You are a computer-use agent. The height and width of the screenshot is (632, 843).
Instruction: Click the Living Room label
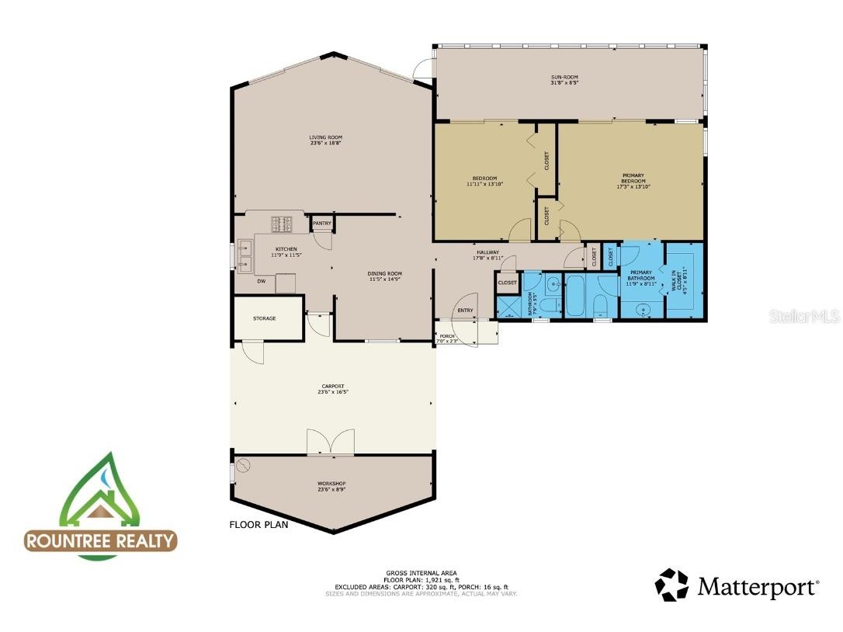point(325,137)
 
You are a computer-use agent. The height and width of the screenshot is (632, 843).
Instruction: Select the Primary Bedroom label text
point(633,179)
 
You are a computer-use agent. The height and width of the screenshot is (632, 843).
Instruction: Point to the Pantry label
point(321,224)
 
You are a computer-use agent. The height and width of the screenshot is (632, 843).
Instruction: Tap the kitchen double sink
point(245,256)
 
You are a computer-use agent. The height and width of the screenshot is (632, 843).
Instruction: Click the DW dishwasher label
point(262,281)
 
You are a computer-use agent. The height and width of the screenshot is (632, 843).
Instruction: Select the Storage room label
point(264,318)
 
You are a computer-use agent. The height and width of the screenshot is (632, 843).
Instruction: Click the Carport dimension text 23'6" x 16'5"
point(333,392)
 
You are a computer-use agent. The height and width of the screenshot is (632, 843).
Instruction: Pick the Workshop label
point(331,484)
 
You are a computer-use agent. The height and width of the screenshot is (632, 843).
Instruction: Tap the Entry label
point(465,311)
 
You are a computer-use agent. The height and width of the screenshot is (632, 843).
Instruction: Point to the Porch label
point(447,336)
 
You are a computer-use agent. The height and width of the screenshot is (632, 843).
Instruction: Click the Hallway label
point(488,252)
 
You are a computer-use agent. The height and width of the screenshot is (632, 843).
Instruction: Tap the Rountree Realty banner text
point(101,540)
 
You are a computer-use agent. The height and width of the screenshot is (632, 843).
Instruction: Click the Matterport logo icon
point(671,585)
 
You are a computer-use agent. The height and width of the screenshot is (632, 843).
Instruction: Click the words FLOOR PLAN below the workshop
point(258,525)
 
